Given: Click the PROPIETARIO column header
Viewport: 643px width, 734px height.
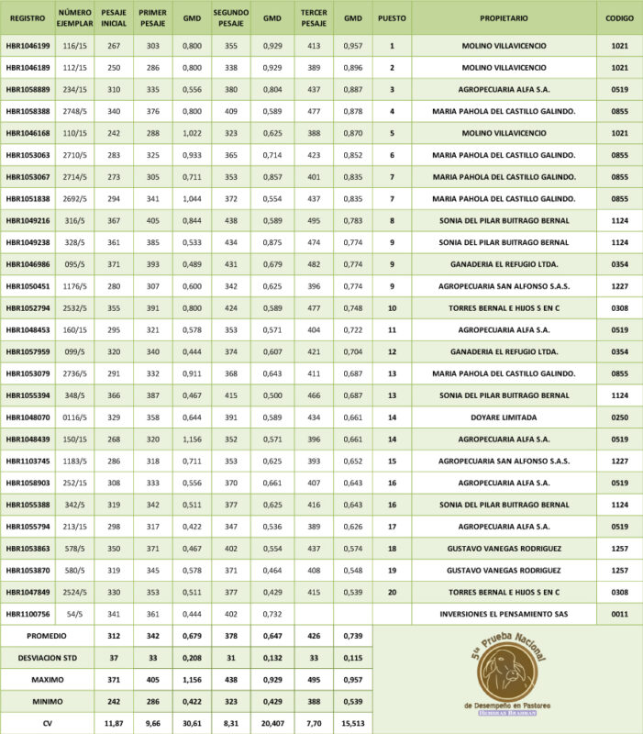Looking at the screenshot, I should click(504, 17).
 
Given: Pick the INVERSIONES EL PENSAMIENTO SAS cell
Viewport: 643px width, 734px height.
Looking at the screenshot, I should click(504, 614).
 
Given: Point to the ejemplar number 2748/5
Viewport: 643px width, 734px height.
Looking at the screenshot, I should click(74, 110).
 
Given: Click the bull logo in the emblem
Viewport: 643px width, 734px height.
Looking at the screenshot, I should click(507, 674).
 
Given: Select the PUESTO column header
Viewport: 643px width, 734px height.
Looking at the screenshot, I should click(392, 17).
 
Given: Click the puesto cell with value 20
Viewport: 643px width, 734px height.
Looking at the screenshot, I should click(392, 592).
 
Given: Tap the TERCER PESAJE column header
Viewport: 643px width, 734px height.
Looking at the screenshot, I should click(314, 17).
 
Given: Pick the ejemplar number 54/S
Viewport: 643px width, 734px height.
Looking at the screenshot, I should click(74, 614).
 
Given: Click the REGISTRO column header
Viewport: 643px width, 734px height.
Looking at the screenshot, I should click(27, 17).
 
